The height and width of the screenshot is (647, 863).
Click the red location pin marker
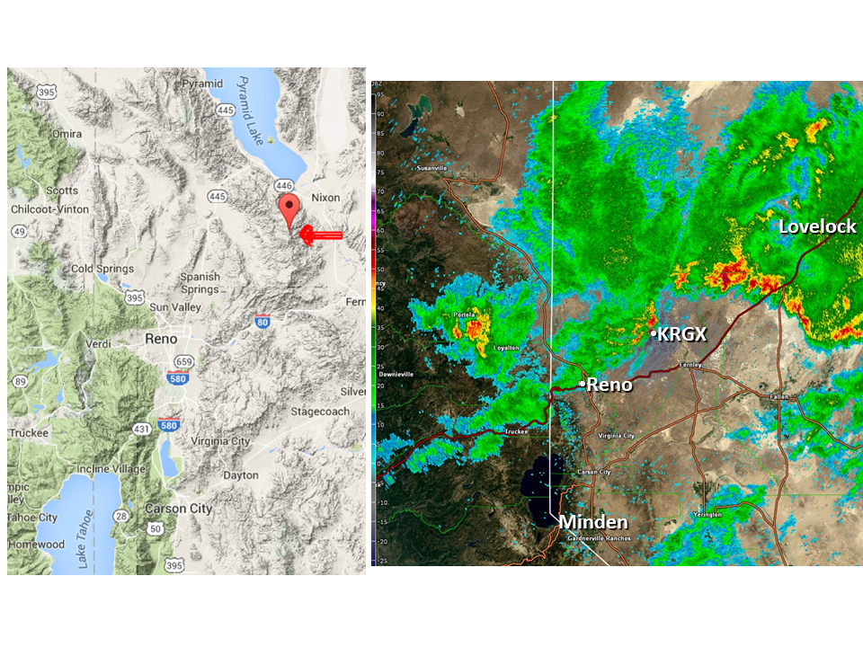(289, 209)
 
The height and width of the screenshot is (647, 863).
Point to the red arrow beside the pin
(320, 235)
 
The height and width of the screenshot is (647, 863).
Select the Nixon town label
(325, 196)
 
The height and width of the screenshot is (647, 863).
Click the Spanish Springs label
(200, 283)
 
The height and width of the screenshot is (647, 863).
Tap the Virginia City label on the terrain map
(216, 441)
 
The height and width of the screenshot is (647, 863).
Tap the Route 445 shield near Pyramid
(225, 110)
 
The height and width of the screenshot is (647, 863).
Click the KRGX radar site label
(681, 334)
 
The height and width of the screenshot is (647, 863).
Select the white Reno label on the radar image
(609, 385)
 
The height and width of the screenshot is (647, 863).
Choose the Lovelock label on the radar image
(817, 226)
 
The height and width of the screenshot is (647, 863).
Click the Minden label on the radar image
(593, 522)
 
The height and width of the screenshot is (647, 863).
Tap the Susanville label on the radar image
(432, 168)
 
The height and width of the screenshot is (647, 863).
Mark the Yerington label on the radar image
(707, 514)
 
